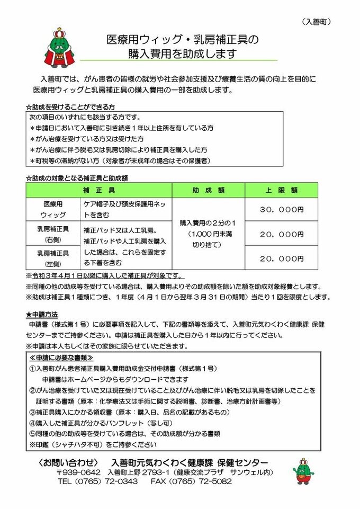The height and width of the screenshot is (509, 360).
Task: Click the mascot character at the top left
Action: [56, 48]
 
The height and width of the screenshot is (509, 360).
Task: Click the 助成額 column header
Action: [208, 190]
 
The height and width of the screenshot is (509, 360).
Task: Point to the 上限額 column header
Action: [281, 190]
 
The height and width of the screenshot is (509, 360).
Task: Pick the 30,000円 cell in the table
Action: [281, 210]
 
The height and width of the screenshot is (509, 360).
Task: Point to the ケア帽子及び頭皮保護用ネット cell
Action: [126, 210]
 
